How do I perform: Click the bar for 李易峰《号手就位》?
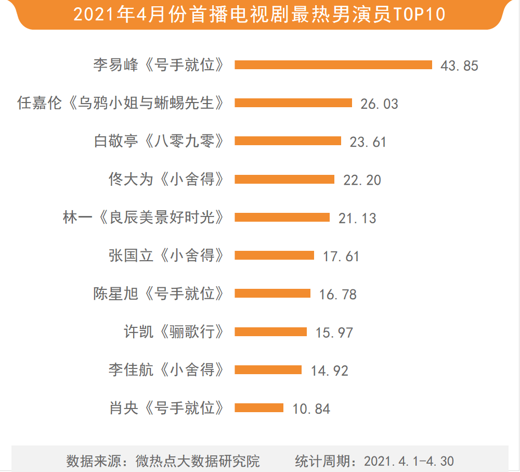(x=333, y=65)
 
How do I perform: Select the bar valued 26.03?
(x=293, y=103)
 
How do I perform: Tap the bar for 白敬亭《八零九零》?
(x=288, y=141)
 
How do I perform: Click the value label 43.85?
(x=459, y=66)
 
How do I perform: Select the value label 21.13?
(x=357, y=218)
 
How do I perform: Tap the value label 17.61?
(x=341, y=256)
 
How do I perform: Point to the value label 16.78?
(x=338, y=295)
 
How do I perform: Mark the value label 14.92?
(x=330, y=371)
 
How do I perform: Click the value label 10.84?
(x=311, y=409)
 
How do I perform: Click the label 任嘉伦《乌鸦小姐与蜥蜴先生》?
(x=121, y=103)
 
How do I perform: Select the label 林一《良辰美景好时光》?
(x=144, y=218)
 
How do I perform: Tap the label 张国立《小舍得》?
(x=167, y=256)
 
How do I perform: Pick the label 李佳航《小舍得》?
(x=167, y=370)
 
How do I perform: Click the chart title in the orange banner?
(x=259, y=14)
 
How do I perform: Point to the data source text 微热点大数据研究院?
(x=198, y=461)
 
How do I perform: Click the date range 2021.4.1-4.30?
(x=409, y=461)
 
